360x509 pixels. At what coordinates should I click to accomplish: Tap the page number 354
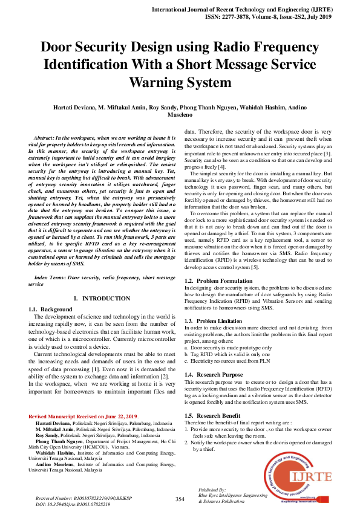click(180, 499)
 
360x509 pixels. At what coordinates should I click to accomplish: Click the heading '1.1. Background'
click(51, 310)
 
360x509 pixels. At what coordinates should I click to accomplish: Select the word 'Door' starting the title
click(61, 47)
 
